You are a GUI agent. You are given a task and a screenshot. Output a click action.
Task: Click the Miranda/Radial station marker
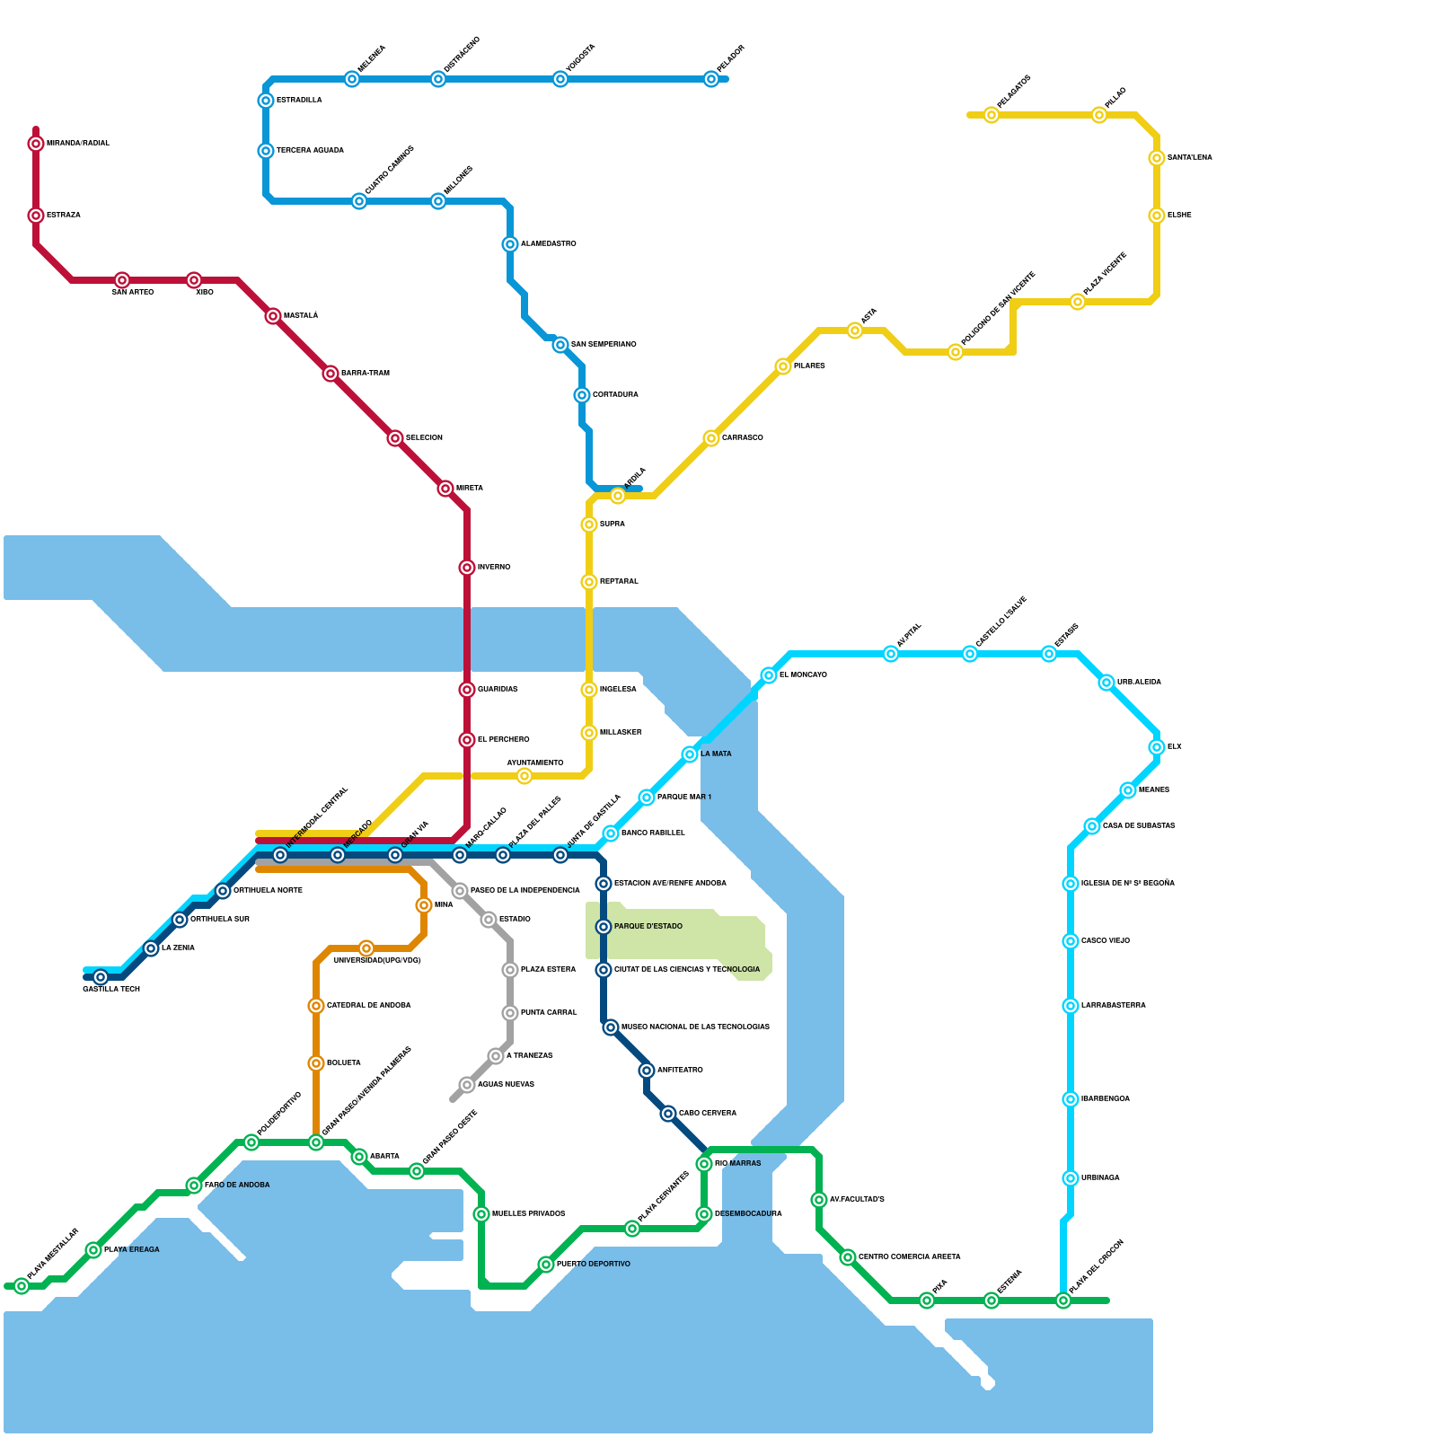[36, 144]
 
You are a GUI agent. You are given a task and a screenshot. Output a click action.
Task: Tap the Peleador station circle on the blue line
[711, 79]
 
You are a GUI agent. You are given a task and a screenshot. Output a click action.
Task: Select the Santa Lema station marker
[1157, 158]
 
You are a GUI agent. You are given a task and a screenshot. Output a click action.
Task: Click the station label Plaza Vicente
[1105, 274]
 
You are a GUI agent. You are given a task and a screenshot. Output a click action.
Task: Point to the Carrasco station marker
[711, 438]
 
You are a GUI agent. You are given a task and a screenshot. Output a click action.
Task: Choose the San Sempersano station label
[604, 345]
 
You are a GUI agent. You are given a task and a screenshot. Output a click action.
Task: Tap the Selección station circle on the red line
[395, 438]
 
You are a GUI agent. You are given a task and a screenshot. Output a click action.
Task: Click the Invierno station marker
[467, 568]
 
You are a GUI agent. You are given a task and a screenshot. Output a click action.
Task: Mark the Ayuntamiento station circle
[525, 776]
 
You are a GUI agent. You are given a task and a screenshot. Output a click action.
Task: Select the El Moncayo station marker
[769, 675]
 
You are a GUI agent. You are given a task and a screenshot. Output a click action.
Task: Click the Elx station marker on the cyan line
[1157, 747]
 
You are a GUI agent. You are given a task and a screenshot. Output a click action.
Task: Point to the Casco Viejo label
[1106, 941]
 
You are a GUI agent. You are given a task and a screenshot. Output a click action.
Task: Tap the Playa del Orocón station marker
[1063, 1300]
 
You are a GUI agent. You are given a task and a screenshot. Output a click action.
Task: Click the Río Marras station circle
[704, 1164]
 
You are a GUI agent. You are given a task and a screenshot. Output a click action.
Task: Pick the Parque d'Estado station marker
[604, 927]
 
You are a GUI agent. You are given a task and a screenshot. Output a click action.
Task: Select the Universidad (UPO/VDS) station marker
[366, 948]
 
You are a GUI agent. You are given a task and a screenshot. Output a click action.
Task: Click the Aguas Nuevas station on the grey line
[467, 1085]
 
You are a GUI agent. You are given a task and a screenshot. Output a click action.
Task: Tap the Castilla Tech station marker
[101, 977]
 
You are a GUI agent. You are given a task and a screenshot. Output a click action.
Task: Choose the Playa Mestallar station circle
[22, 1286]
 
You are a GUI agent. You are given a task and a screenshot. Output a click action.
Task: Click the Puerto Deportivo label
[593, 1265]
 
